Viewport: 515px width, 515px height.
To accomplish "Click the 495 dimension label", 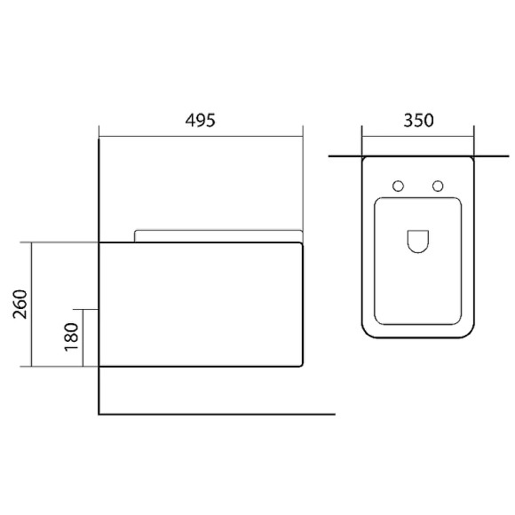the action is click(x=201, y=120).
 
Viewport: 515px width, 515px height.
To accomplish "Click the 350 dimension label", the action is click(x=418, y=120).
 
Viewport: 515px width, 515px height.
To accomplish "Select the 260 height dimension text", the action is click(x=20, y=305).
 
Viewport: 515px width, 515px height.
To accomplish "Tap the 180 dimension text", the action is click(x=72, y=337).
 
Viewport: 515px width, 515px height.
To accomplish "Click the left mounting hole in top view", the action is click(x=398, y=186).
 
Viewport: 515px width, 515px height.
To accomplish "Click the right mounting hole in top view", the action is click(x=438, y=186).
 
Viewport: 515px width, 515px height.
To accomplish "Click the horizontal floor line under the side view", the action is click(x=217, y=415).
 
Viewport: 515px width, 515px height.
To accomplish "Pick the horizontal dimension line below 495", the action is click(x=201, y=136).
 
